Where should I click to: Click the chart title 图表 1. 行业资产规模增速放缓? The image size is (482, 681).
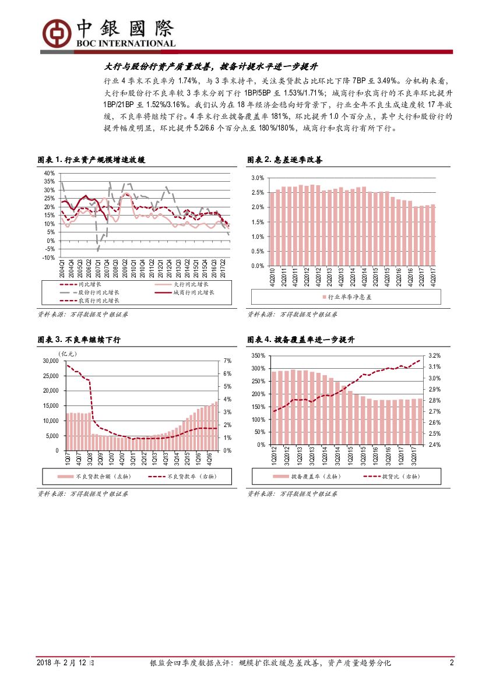[92, 160]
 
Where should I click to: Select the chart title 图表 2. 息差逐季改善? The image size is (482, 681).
[285, 160]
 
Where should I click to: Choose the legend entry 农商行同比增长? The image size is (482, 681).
[98, 301]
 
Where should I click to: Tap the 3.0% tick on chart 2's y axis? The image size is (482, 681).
[257, 177]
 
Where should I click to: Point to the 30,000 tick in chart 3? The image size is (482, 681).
[50, 361]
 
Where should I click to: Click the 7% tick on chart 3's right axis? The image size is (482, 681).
[227, 361]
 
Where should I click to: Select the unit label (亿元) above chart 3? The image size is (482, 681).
[67, 353]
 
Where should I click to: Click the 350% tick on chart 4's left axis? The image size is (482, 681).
[258, 355]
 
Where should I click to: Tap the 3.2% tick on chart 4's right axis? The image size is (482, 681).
[434, 355]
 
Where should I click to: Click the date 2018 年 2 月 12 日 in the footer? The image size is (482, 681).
[65, 663]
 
